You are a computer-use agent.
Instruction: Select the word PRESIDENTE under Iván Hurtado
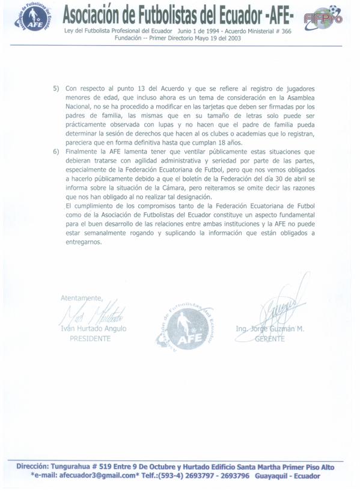point(91,339)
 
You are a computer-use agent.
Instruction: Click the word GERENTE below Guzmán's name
point(270,339)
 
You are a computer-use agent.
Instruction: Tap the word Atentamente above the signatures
point(82,297)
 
